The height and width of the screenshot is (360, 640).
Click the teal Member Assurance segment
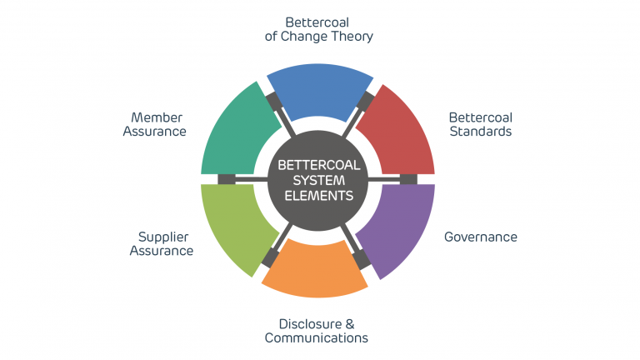click(x=237, y=132)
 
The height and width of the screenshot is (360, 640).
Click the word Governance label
click(x=480, y=237)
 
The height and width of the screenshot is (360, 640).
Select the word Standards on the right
click(x=480, y=131)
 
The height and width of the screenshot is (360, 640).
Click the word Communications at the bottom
click(x=317, y=337)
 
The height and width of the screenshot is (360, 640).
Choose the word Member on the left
click(x=156, y=117)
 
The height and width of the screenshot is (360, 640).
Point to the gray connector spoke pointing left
click(x=242, y=179)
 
